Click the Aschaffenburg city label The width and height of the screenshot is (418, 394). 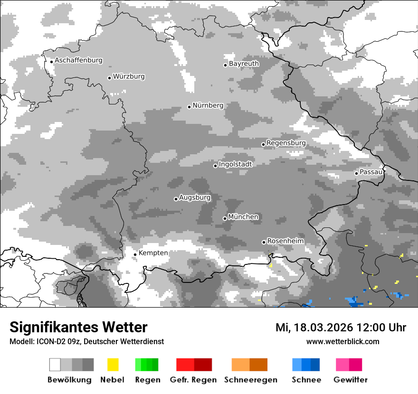[78, 60]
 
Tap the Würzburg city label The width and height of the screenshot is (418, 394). [129, 76]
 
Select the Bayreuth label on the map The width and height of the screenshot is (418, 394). [244, 64]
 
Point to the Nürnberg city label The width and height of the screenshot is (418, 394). [208, 105]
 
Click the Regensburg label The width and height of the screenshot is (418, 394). [286, 143]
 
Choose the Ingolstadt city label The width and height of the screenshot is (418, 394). [235, 164]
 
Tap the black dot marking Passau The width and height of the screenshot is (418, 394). [356, 173]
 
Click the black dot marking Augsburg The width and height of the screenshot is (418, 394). [176, 199]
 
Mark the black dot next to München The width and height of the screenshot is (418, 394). [225, 218]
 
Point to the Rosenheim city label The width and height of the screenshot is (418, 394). [285, 241]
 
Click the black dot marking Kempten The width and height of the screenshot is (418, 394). [135, 254]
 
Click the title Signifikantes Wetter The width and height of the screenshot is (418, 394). [78, 327]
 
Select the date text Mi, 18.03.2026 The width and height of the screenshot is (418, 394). [315, 328]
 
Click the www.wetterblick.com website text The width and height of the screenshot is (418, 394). [342, 341]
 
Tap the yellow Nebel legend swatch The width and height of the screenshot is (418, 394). [113, 365]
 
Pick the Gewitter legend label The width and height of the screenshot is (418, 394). [350, 380]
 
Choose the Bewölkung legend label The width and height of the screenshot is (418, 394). [69, 380]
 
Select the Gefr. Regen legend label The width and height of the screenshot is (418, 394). [193, 380]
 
